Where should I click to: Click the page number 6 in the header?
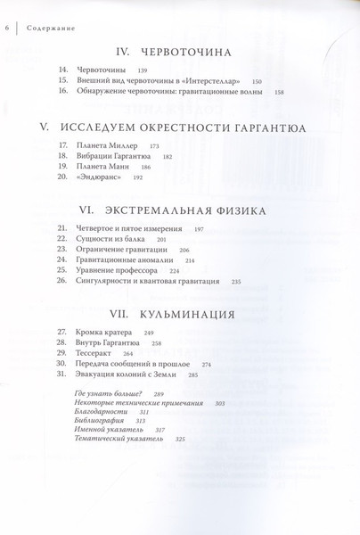point(7,9)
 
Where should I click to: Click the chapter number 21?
point(61,229)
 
